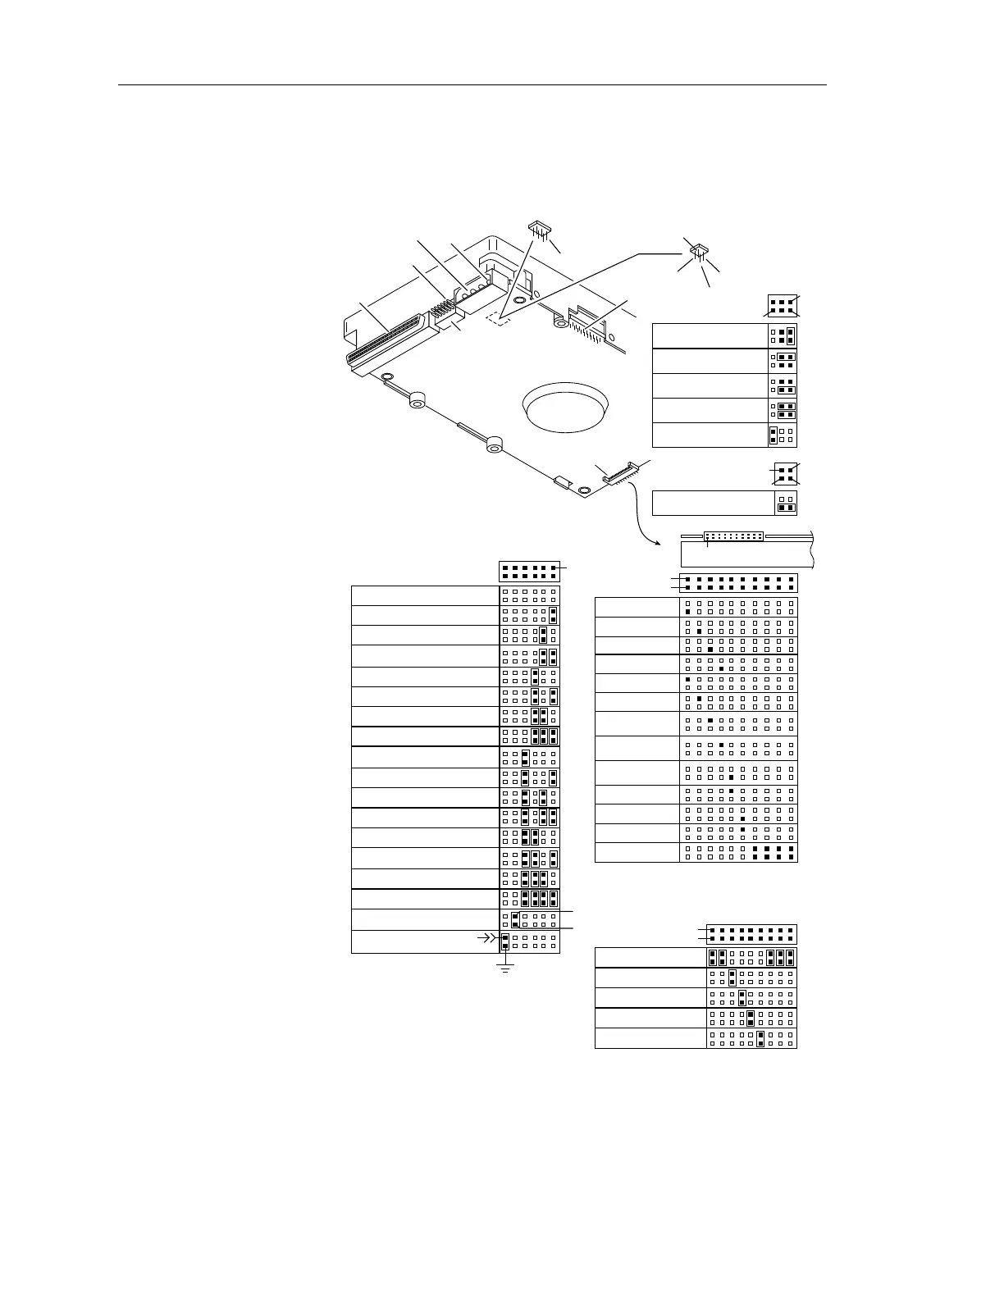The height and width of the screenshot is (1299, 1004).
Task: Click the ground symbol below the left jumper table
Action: point(505,969)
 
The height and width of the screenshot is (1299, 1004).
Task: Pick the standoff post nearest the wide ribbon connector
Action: point(417,401)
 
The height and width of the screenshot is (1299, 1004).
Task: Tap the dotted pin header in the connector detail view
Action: point(733,536)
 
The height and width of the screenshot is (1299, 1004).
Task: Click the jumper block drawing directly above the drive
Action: point(539,226)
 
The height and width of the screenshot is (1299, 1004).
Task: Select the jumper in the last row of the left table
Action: point(505,941)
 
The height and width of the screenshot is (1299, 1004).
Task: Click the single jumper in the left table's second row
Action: point(554,615)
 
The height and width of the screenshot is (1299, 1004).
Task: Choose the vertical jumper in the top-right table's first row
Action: point(791,335)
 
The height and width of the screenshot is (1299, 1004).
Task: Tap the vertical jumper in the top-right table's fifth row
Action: point(773,435)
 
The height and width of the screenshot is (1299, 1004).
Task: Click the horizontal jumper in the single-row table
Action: point(787,508)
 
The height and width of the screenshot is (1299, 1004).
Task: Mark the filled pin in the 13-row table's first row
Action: point(687,612)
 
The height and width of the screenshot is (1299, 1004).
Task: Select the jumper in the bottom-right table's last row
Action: point(761,1039)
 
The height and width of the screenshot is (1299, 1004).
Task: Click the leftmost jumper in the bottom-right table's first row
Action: point(712,957)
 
